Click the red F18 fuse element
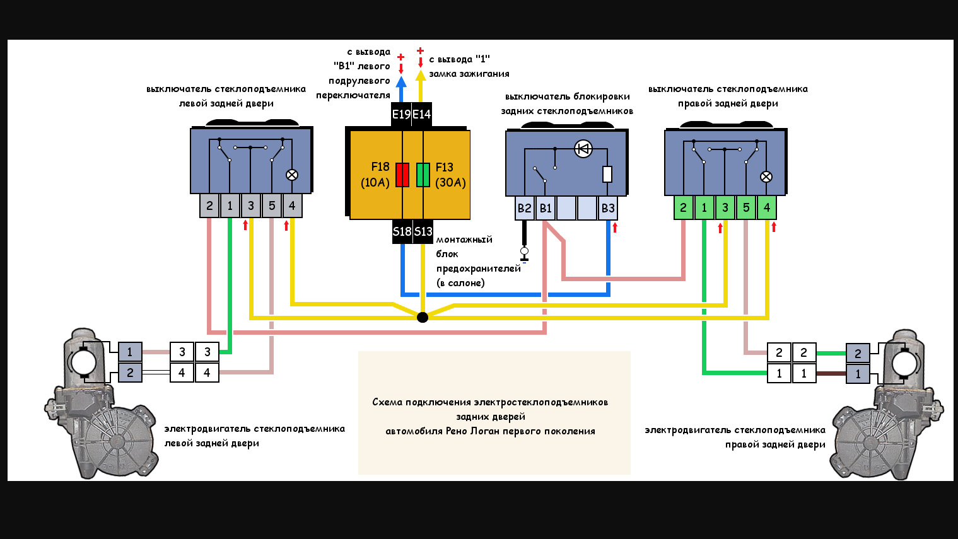click(x=402, y=175)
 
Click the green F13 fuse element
click(x=423, y=175)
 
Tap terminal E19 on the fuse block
click(x=401, y=114)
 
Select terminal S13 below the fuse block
click(x=423, y=231)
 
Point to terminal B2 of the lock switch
click(x=524, y=208)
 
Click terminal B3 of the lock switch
click(x=608, y=208)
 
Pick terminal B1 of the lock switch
click(x=546, y=208)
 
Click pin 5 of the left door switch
click(x=272, y=206)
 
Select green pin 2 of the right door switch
click(x=683, y=207)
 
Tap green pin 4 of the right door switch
click(x=767, y=207)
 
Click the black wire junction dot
click(x=423, y=317)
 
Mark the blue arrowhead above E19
click(x=401, y=81)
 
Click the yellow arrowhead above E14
click(x=421, y=76)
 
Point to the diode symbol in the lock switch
click(x=583, y=149)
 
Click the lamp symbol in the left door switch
click(x=292, y=175)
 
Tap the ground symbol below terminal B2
click(x=524, y=254)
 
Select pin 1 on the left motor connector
click(x=130, y=352)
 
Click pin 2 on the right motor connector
click(x=858, y=353)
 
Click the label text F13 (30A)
click(x=450, y=175)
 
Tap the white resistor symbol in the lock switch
click(x=607, y=174)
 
